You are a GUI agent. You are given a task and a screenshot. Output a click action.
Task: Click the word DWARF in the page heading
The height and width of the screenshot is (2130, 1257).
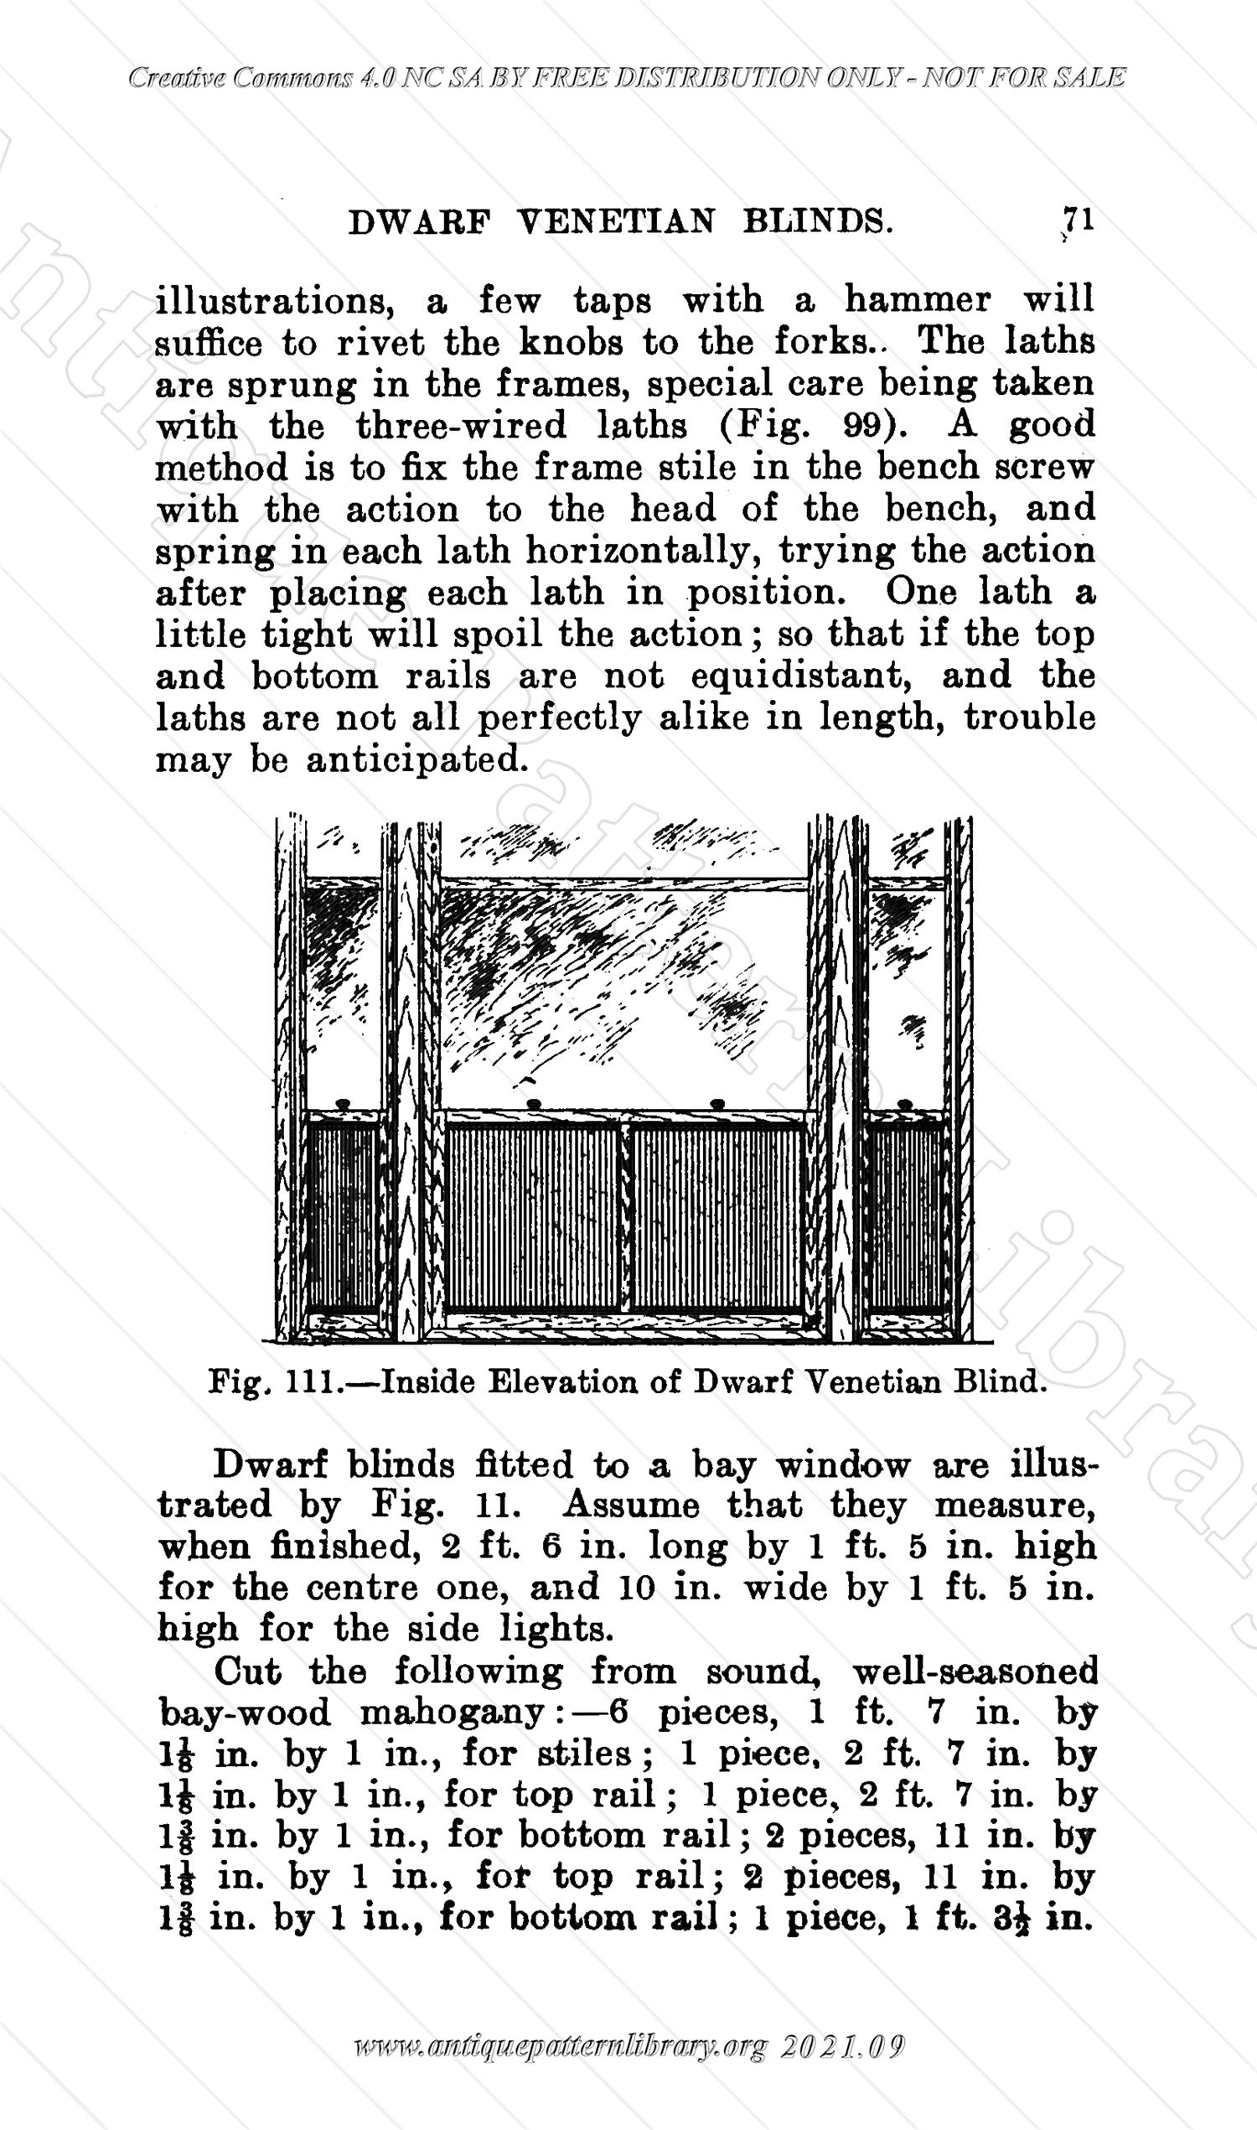(x=420, y=222)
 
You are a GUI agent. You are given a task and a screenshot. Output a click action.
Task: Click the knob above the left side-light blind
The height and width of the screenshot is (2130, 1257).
(x=343, y=1104)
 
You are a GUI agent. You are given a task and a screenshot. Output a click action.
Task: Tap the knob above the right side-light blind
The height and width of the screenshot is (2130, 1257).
(x=905, y=1104)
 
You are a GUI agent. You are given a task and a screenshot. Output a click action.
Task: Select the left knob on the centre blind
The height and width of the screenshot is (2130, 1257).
(x=534, y=1103)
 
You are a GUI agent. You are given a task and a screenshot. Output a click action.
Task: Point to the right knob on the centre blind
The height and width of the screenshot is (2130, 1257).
(x=717, y=1103)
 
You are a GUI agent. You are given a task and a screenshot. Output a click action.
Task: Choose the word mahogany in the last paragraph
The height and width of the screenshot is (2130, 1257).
(x=451, y=1713)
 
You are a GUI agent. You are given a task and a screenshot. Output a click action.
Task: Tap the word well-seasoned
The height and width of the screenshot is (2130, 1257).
(x=974, y=1671)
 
